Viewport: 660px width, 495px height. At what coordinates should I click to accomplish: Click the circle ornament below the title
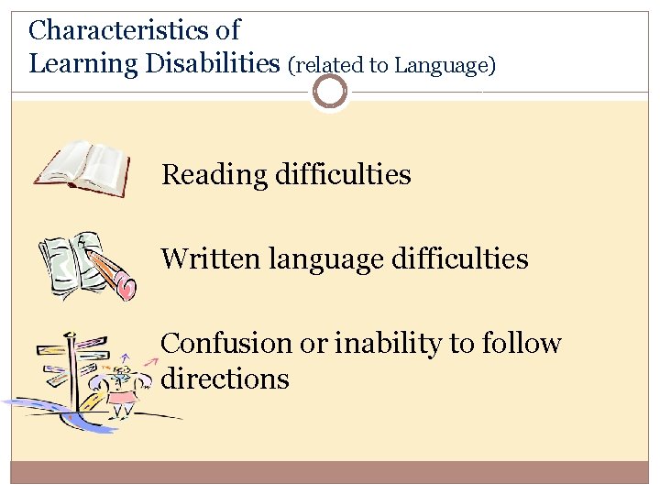point(330,92)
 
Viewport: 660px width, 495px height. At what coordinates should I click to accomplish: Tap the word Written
point(211,258)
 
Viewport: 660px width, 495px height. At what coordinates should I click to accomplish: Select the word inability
point(377,344)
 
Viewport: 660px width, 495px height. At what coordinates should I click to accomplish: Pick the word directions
point(225,379)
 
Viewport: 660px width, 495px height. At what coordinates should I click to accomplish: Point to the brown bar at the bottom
point(330,471)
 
